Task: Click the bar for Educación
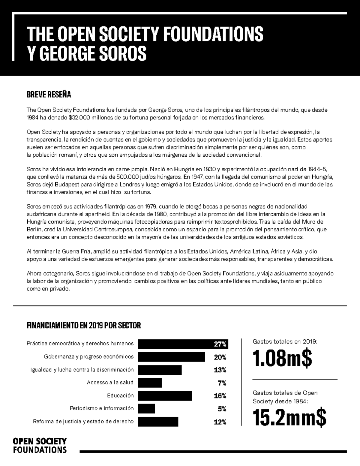click(165, 396)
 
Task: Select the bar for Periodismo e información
click(146, 409)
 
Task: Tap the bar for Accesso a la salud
click(150, 383)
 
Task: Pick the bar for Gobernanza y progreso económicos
click(171, 357)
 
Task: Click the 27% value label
click(220, 344)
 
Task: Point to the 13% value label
click(220, 370)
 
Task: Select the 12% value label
click(220, 422)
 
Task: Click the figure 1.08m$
click(282, 359)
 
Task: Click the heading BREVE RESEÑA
click(49, 95)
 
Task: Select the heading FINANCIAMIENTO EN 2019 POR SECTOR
click(84, 326)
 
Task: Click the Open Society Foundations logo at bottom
click(40, 445)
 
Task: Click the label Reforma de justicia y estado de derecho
click(83, 421)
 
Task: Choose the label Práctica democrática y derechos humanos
click(80, 344)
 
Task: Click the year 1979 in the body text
click(151, 206)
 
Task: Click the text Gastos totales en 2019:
click(285, 341)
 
